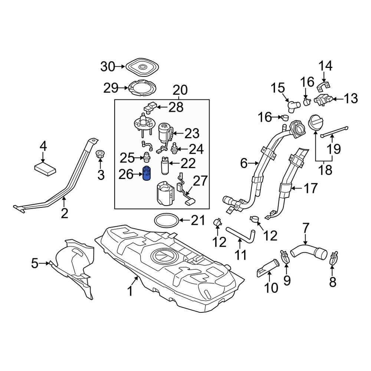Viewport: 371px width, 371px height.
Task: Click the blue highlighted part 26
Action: pos(147,174)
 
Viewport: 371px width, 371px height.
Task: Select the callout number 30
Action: pos(108,67)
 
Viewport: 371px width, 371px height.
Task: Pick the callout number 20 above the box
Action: pos(180,90)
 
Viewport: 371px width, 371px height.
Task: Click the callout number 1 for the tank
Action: pos(130,291)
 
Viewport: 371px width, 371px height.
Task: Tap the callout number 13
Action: pos(351,99)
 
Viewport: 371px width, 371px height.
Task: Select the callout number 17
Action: pos(311,188)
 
